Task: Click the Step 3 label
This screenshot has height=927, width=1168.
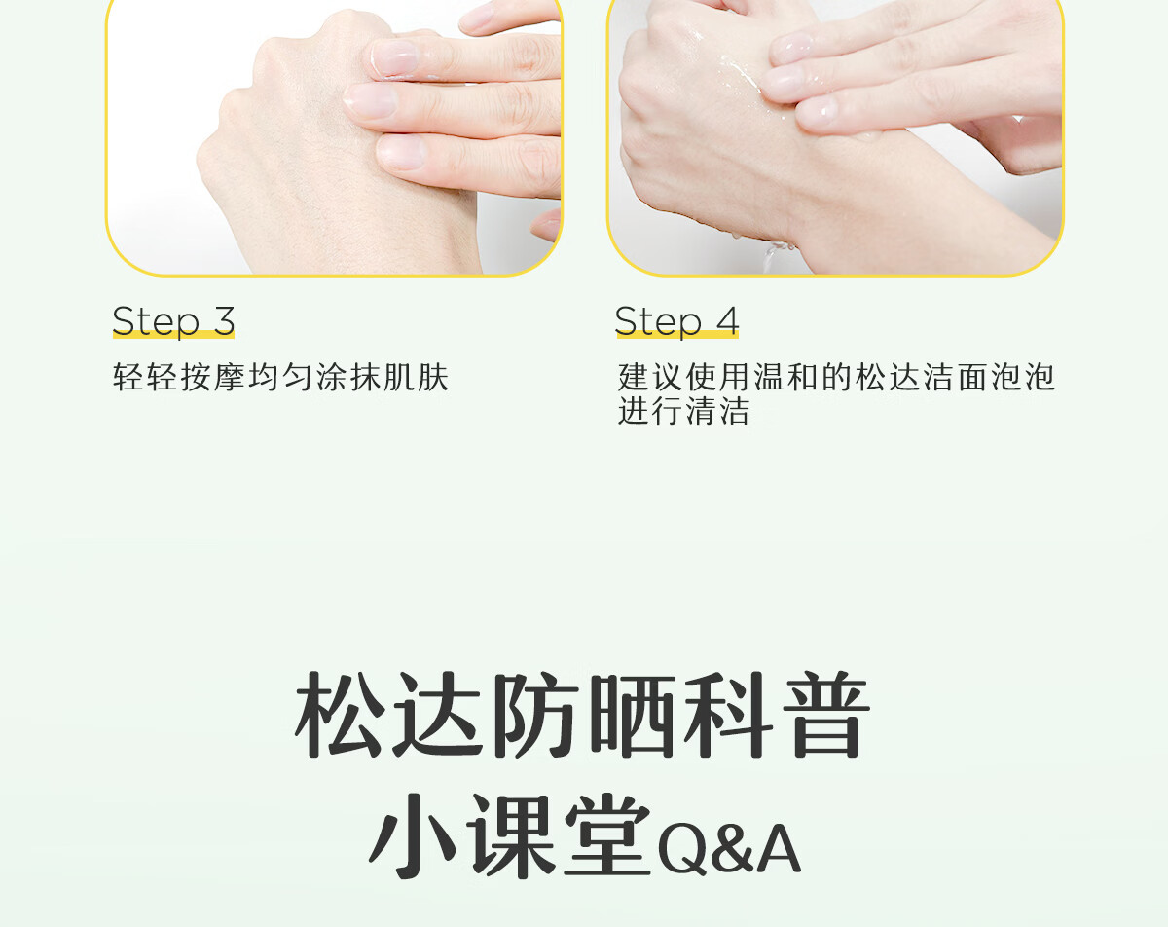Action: (x=173, y=321)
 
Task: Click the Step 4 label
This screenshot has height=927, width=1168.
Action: (x=676, y=321)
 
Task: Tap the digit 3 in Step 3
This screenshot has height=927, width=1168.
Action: (x=224, y=320)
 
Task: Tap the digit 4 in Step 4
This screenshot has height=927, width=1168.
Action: (x=727, y=320)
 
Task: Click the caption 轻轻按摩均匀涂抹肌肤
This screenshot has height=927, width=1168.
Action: (x=280, y=377)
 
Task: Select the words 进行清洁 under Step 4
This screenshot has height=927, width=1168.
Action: (x=683, y=411)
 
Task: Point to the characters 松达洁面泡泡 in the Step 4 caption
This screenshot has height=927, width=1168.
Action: (x=955, y=377)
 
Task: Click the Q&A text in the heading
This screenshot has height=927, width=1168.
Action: (x=729, y=851)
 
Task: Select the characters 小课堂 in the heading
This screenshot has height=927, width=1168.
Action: (x=510, y=836)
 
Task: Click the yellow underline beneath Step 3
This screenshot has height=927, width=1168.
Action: (x=173, y=334)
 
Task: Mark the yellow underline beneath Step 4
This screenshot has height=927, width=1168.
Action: (x=677, y=334)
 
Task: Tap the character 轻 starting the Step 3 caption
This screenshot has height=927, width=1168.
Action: (x=128, y=377)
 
